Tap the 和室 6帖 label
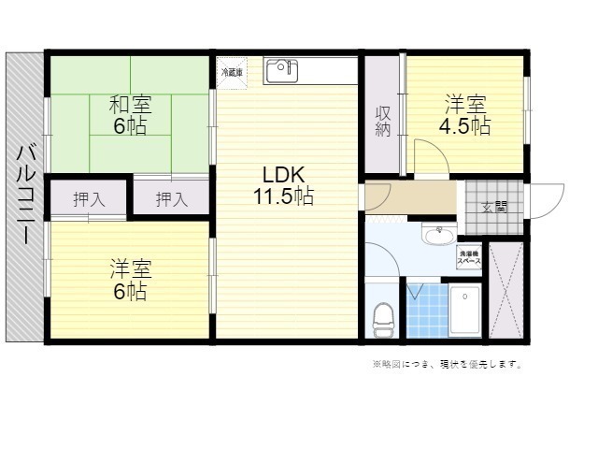130,114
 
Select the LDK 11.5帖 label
281,185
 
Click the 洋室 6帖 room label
130,280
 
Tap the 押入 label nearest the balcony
88,198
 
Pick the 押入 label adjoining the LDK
171,198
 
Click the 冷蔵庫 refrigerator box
231,72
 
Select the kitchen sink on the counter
280,71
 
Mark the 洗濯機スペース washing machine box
469,256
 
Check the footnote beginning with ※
447,364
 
